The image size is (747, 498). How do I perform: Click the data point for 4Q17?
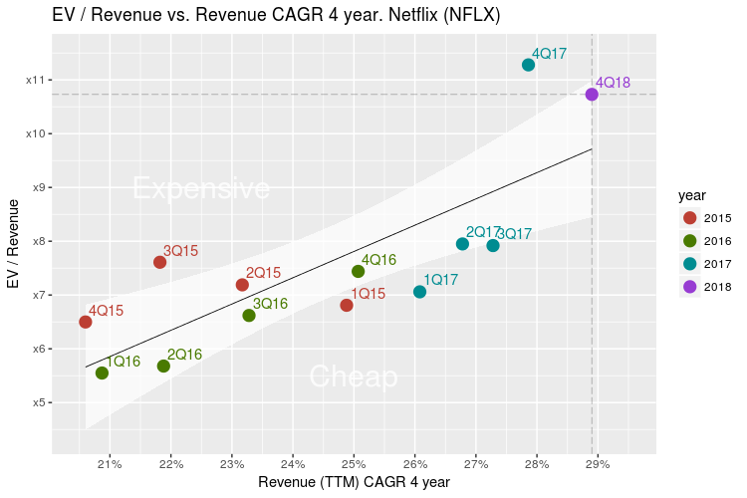click(528, 65)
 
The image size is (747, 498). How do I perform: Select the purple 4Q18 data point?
click(592, 95)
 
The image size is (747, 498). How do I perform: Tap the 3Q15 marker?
click(159, 262)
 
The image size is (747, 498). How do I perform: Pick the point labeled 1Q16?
click(102, 373)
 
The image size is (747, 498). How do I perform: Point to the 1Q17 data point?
click(419, 292)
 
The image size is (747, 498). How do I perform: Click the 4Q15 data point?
click(86, 322)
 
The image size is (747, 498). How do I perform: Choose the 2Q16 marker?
click(163, 367)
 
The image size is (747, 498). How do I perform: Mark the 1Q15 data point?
click(347, 305)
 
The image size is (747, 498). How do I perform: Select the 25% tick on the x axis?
click(354, 464)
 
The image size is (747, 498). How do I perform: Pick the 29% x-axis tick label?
click(598, 464)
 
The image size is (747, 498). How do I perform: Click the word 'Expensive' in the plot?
click(201, 188)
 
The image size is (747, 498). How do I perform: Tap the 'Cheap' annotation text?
click(354, 376)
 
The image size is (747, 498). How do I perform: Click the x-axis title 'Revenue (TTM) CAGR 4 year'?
click(354, 482)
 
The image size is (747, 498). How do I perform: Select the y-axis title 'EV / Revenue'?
click(14, 243)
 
